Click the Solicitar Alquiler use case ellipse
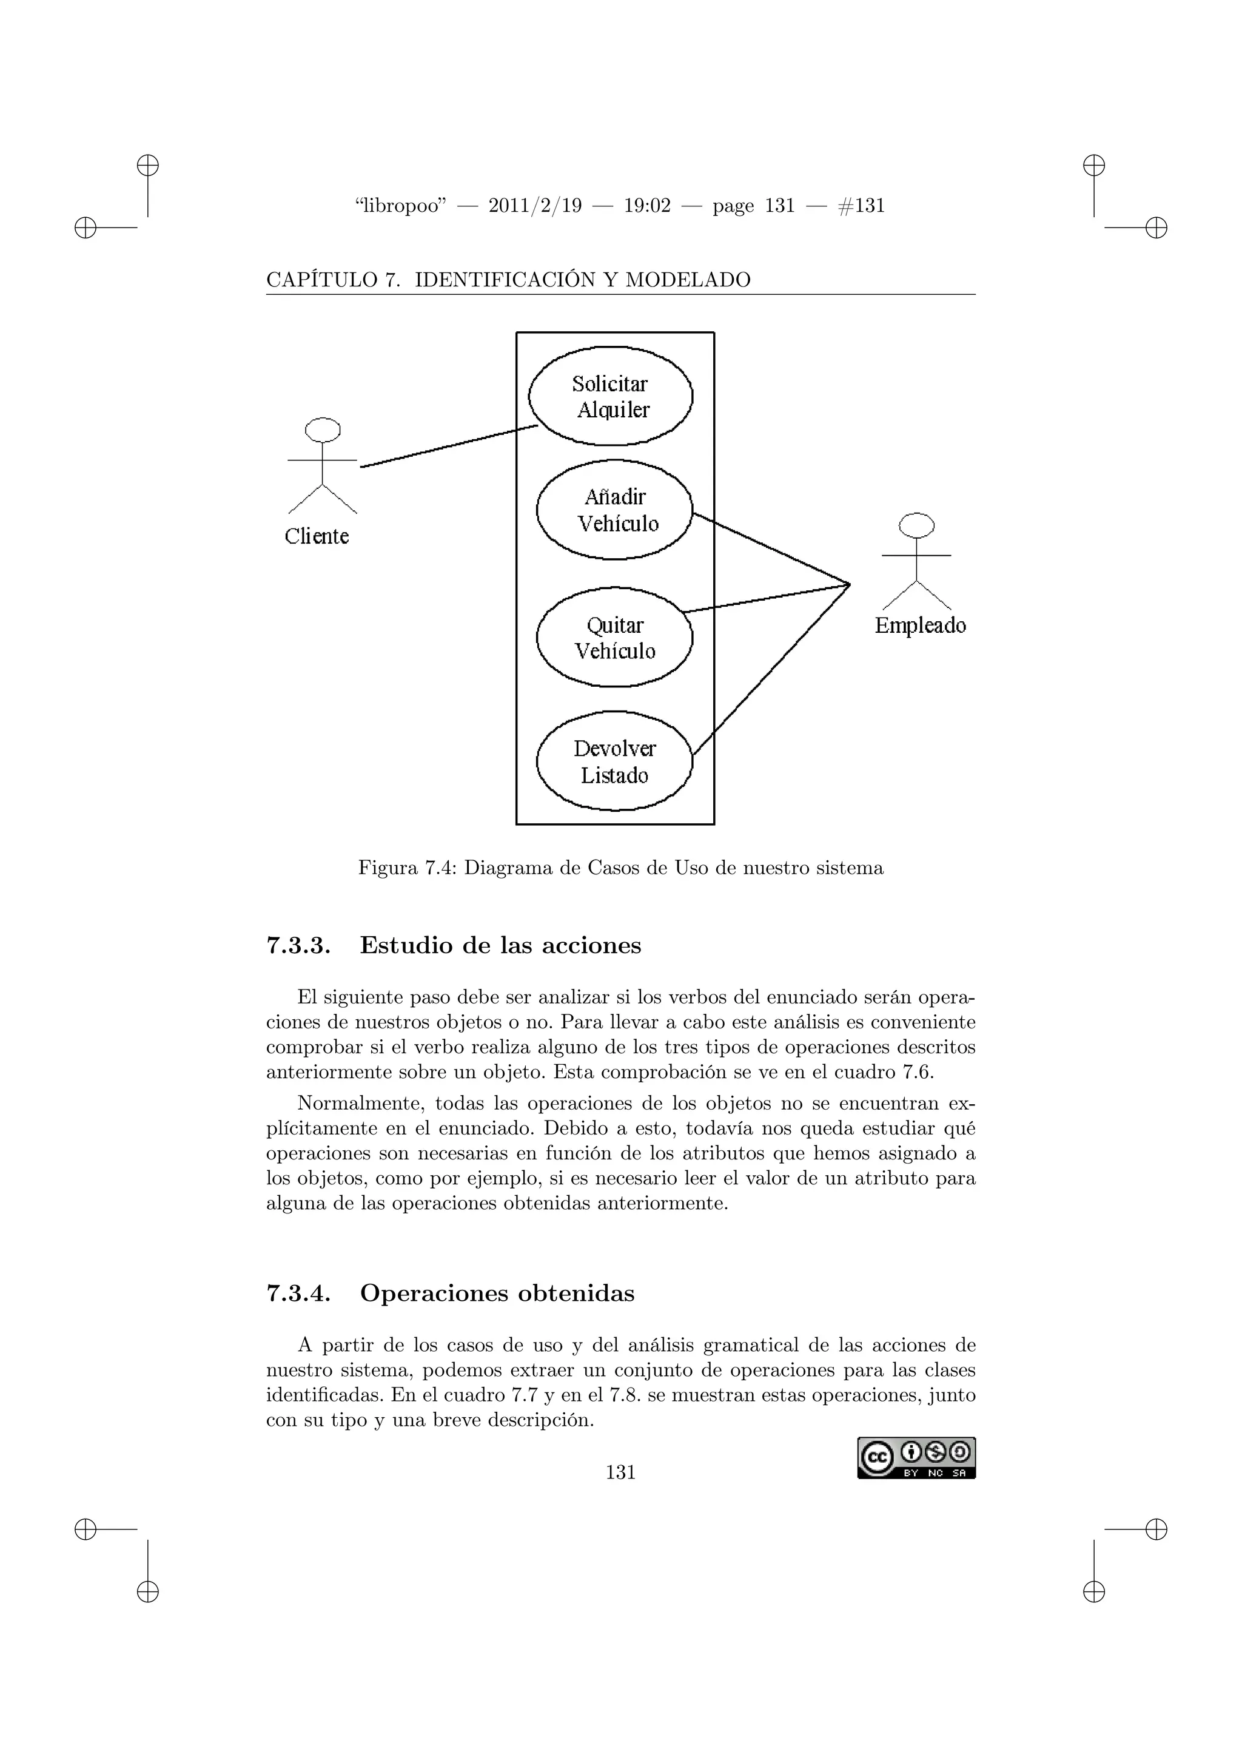[610, 396]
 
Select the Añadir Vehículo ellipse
[614, 510]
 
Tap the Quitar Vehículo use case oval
[614, 638]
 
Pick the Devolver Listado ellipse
[614, 761]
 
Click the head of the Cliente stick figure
[323, 430]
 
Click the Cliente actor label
[317, 536]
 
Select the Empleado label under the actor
[920, 626]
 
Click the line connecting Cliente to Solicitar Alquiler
[449, 446]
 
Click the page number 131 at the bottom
[620, 1472]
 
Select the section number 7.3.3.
[298, 946]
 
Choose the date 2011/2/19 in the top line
[534, 206]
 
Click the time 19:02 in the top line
[647, 206]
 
